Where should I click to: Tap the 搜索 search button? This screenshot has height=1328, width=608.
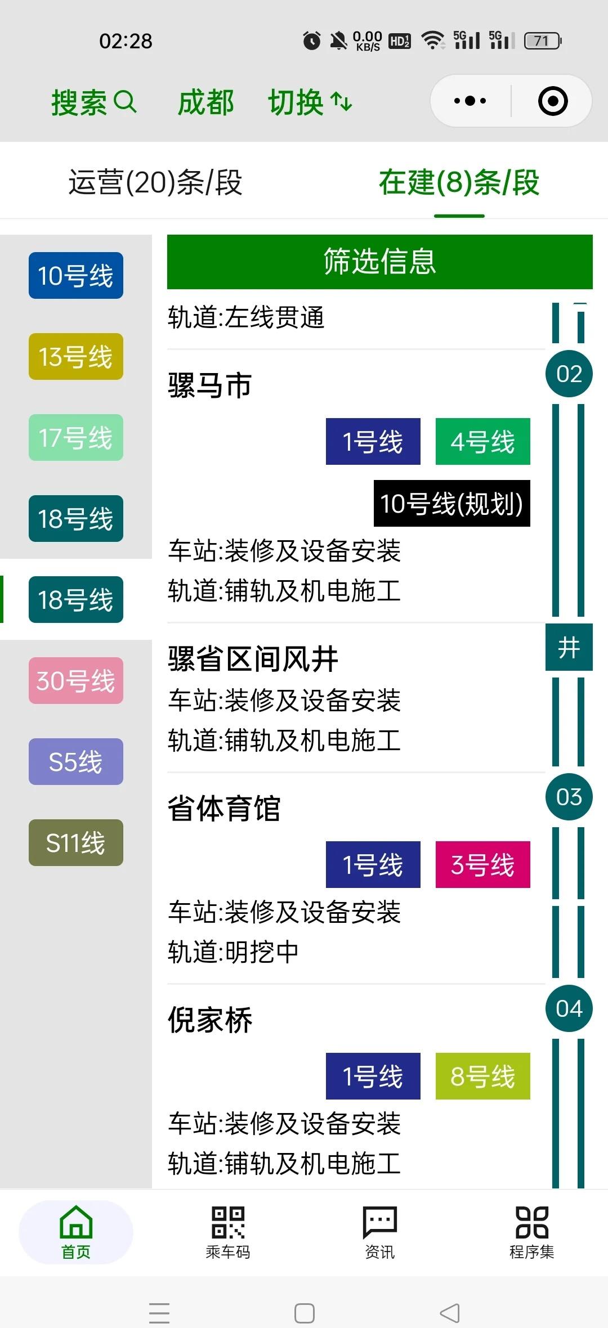(x=93, y=102)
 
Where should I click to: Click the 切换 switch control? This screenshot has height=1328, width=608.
(x=310, y=102)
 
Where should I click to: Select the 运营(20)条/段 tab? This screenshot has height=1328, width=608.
(x=155, y=182)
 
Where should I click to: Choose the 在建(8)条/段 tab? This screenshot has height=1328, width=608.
(x=459, y=182)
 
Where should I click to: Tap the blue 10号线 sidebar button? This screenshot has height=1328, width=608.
(x=76, y=276)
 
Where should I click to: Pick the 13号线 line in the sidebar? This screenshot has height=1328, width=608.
(x=76, y=357)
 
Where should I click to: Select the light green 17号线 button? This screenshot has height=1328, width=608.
(x=76, y=438)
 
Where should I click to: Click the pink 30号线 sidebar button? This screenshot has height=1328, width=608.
(x=76, y=681)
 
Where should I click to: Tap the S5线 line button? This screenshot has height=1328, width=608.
(x=76, y=762)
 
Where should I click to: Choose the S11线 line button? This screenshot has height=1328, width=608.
(x=76, y=843)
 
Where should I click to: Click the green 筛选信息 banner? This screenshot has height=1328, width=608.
(x=379, y=262)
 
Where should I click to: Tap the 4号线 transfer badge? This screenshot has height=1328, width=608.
(x=482, y=442)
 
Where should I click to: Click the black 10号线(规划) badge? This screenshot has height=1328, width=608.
(x=451, y=504)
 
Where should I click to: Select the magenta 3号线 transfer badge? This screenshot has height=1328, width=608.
(x=482, y=865)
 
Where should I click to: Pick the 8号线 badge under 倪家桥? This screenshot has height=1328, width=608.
(x=482, y=1076)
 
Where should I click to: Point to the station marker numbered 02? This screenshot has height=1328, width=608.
(x=569, y=374)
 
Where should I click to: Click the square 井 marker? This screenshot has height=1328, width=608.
(x=569, y=647)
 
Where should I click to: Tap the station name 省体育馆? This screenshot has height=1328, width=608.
(x=224, y=809)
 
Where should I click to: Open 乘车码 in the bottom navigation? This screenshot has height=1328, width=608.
(x=228, y=1232)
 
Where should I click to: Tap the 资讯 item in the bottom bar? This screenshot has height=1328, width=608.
(x=380, y=1232)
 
